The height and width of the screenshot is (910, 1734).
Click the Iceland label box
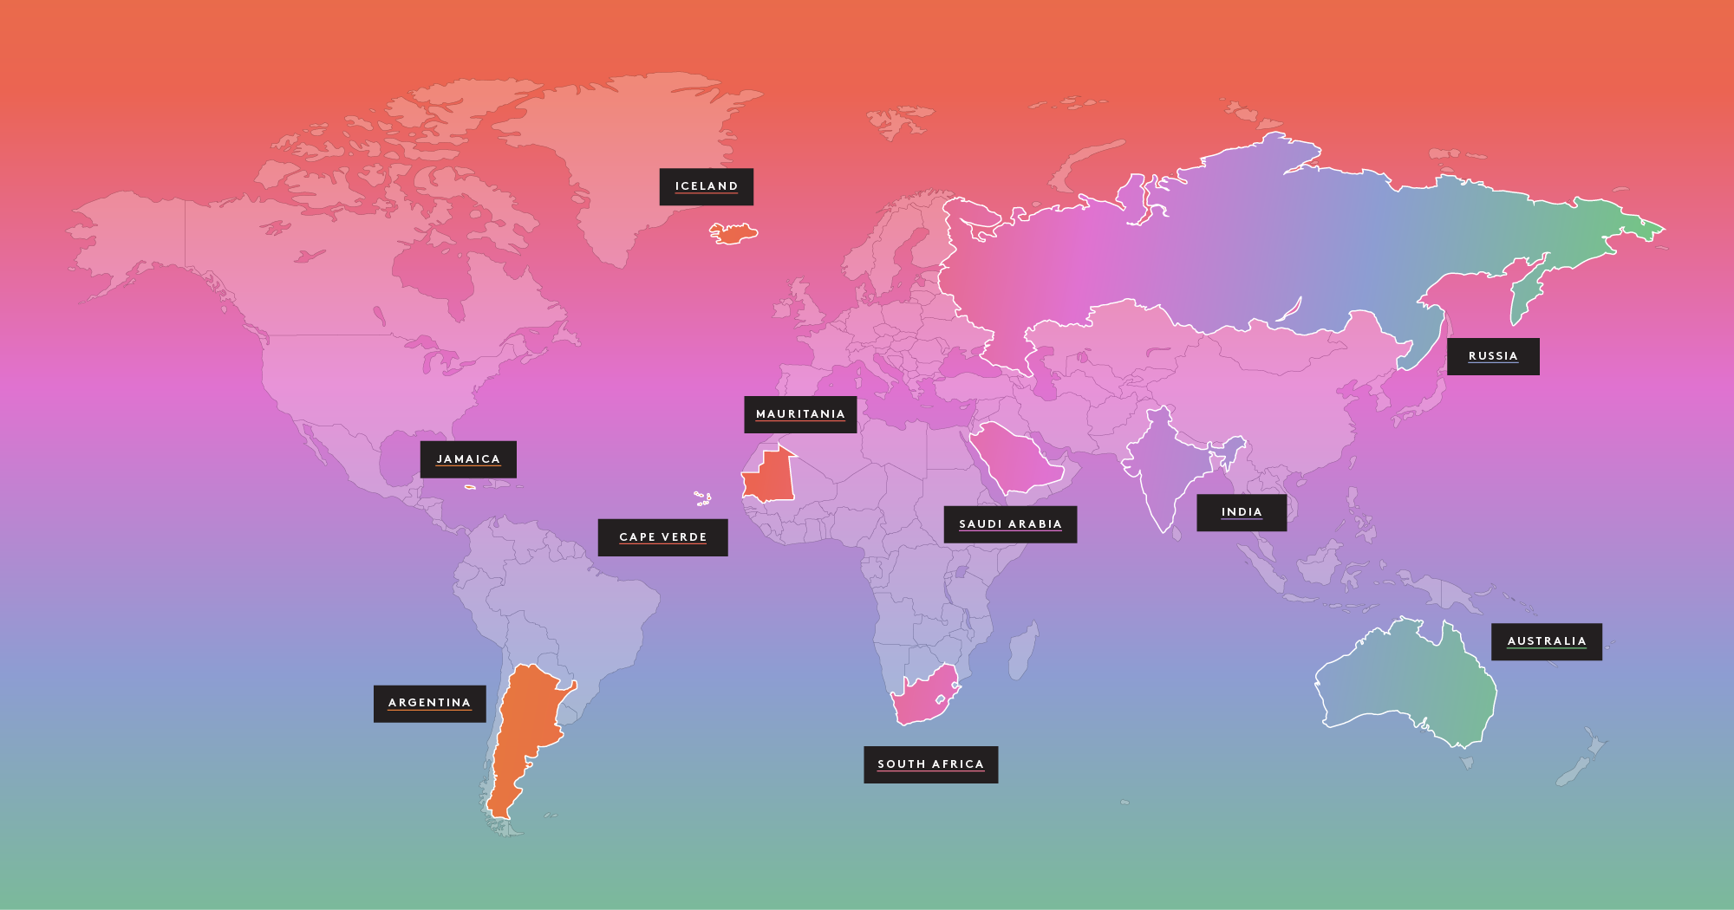pos(706,186)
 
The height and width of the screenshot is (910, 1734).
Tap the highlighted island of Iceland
pos(733,233)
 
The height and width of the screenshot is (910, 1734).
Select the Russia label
pos(1492,356)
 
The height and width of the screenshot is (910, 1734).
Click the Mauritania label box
pos(799,414)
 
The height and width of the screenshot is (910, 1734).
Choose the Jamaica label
pos(468,459)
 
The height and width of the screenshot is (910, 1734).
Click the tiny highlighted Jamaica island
pos(470,487)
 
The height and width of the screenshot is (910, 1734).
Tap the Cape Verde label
pos(662,537)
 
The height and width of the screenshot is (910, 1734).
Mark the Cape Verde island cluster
pos(703,498)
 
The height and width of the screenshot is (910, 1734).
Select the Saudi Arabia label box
pos(1010,524)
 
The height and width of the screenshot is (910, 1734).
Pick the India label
pos(1241,512)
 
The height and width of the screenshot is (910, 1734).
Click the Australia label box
pos(1546,641)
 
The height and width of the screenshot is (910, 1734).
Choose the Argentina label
pos(429,703)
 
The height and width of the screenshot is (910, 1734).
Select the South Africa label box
pos(930,764)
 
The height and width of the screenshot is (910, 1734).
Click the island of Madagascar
pos(1023,650)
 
